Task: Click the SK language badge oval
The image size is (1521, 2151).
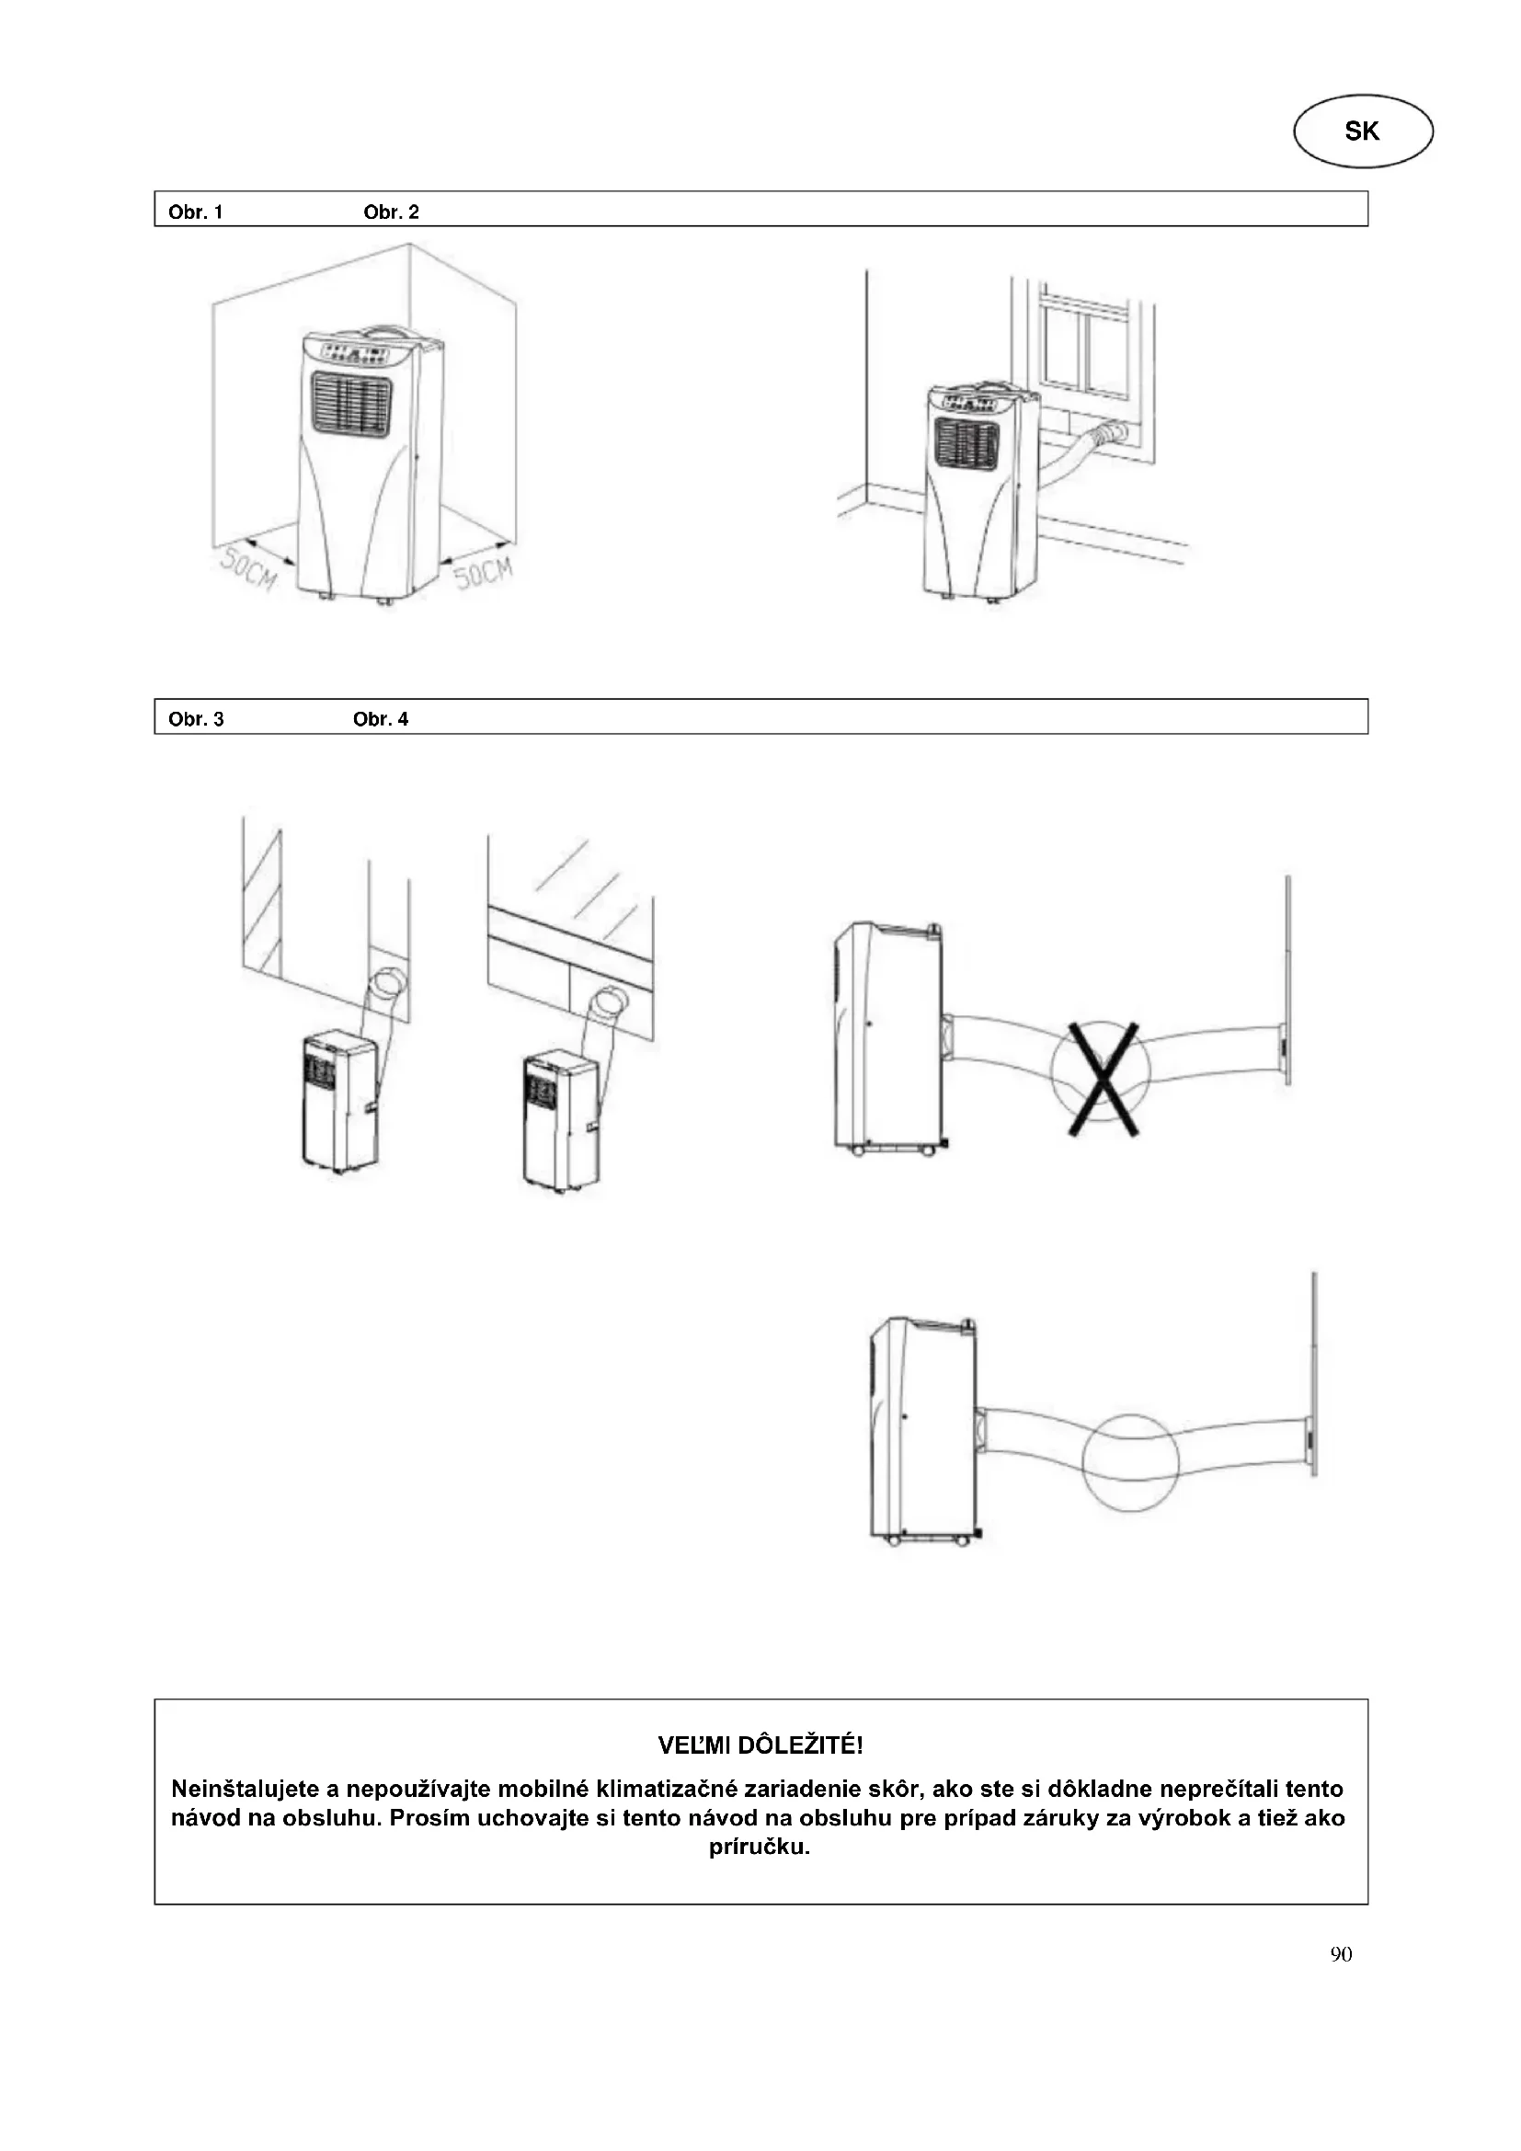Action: point(1363,132)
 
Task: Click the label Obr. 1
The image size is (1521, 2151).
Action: point(196,212)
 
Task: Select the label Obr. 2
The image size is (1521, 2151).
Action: point(391,212)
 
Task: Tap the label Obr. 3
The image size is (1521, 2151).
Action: point(196,719)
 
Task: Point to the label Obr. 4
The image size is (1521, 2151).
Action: point(381,719)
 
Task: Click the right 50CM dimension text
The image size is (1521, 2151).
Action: point(485,572)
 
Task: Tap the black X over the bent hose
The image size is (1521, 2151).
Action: point(1104,1080)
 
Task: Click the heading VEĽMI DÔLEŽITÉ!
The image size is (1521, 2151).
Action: point(760,1745)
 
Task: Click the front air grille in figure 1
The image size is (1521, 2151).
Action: point(351,405)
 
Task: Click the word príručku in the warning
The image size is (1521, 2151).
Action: point(759,1847)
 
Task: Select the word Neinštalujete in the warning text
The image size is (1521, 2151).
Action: point(246,1789)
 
